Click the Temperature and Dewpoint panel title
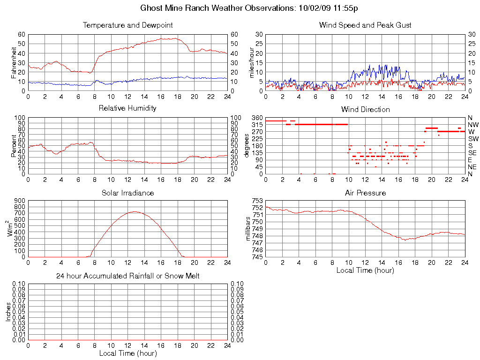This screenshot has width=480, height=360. tap(127, 25)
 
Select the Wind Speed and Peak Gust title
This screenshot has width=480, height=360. tap(365, 25)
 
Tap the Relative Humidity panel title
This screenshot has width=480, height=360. tap(127, 108)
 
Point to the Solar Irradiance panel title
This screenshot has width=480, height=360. tap(127, 193)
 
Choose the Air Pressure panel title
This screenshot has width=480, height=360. tap(365, 193)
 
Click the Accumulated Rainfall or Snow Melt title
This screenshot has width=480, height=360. tap(127, 276)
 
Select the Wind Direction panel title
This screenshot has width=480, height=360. tap(365, 109)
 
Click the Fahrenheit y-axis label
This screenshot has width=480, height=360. tap(14, 62)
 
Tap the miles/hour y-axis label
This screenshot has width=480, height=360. tap(251, 62)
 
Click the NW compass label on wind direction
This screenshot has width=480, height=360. tap(473, 125)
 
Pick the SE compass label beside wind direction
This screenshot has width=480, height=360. tap(472, 153)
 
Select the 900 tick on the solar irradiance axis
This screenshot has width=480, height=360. tap(20, 201)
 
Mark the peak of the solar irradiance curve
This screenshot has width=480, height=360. tap(135, 211)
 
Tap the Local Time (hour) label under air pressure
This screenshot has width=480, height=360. tap(365, 270)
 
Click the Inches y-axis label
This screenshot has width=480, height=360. tap(8, 311)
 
